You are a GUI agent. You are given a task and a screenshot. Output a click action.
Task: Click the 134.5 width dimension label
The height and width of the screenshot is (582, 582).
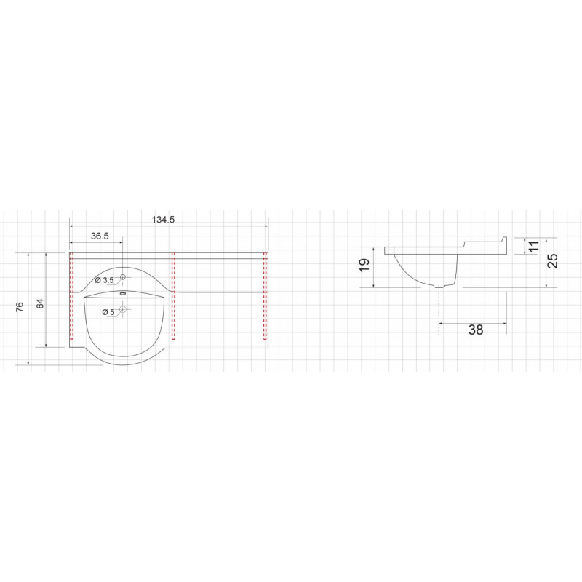click(163, 220)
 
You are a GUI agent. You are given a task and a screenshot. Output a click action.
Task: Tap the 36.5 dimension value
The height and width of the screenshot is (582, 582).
click(100, 236)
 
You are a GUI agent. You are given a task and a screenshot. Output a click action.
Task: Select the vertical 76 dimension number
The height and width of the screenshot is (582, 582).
click(20, 306)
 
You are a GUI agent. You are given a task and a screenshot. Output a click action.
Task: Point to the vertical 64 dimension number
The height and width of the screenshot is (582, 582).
click(40, 303)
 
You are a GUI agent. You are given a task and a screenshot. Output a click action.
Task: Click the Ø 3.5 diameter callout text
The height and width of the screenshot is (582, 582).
click(104, 280)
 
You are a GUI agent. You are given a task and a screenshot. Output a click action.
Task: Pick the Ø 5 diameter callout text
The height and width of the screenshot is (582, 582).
click(108, 313)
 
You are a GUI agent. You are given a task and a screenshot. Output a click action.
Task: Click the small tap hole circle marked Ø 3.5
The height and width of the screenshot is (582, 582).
click(123, 277)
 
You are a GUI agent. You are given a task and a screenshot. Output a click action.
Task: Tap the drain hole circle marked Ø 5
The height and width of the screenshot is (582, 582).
click(123, 309)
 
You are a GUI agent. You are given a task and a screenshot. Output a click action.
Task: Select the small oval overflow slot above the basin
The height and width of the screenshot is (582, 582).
click(123, 294)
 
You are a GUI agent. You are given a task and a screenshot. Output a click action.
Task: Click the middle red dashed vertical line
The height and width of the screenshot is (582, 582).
click(173, 296)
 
